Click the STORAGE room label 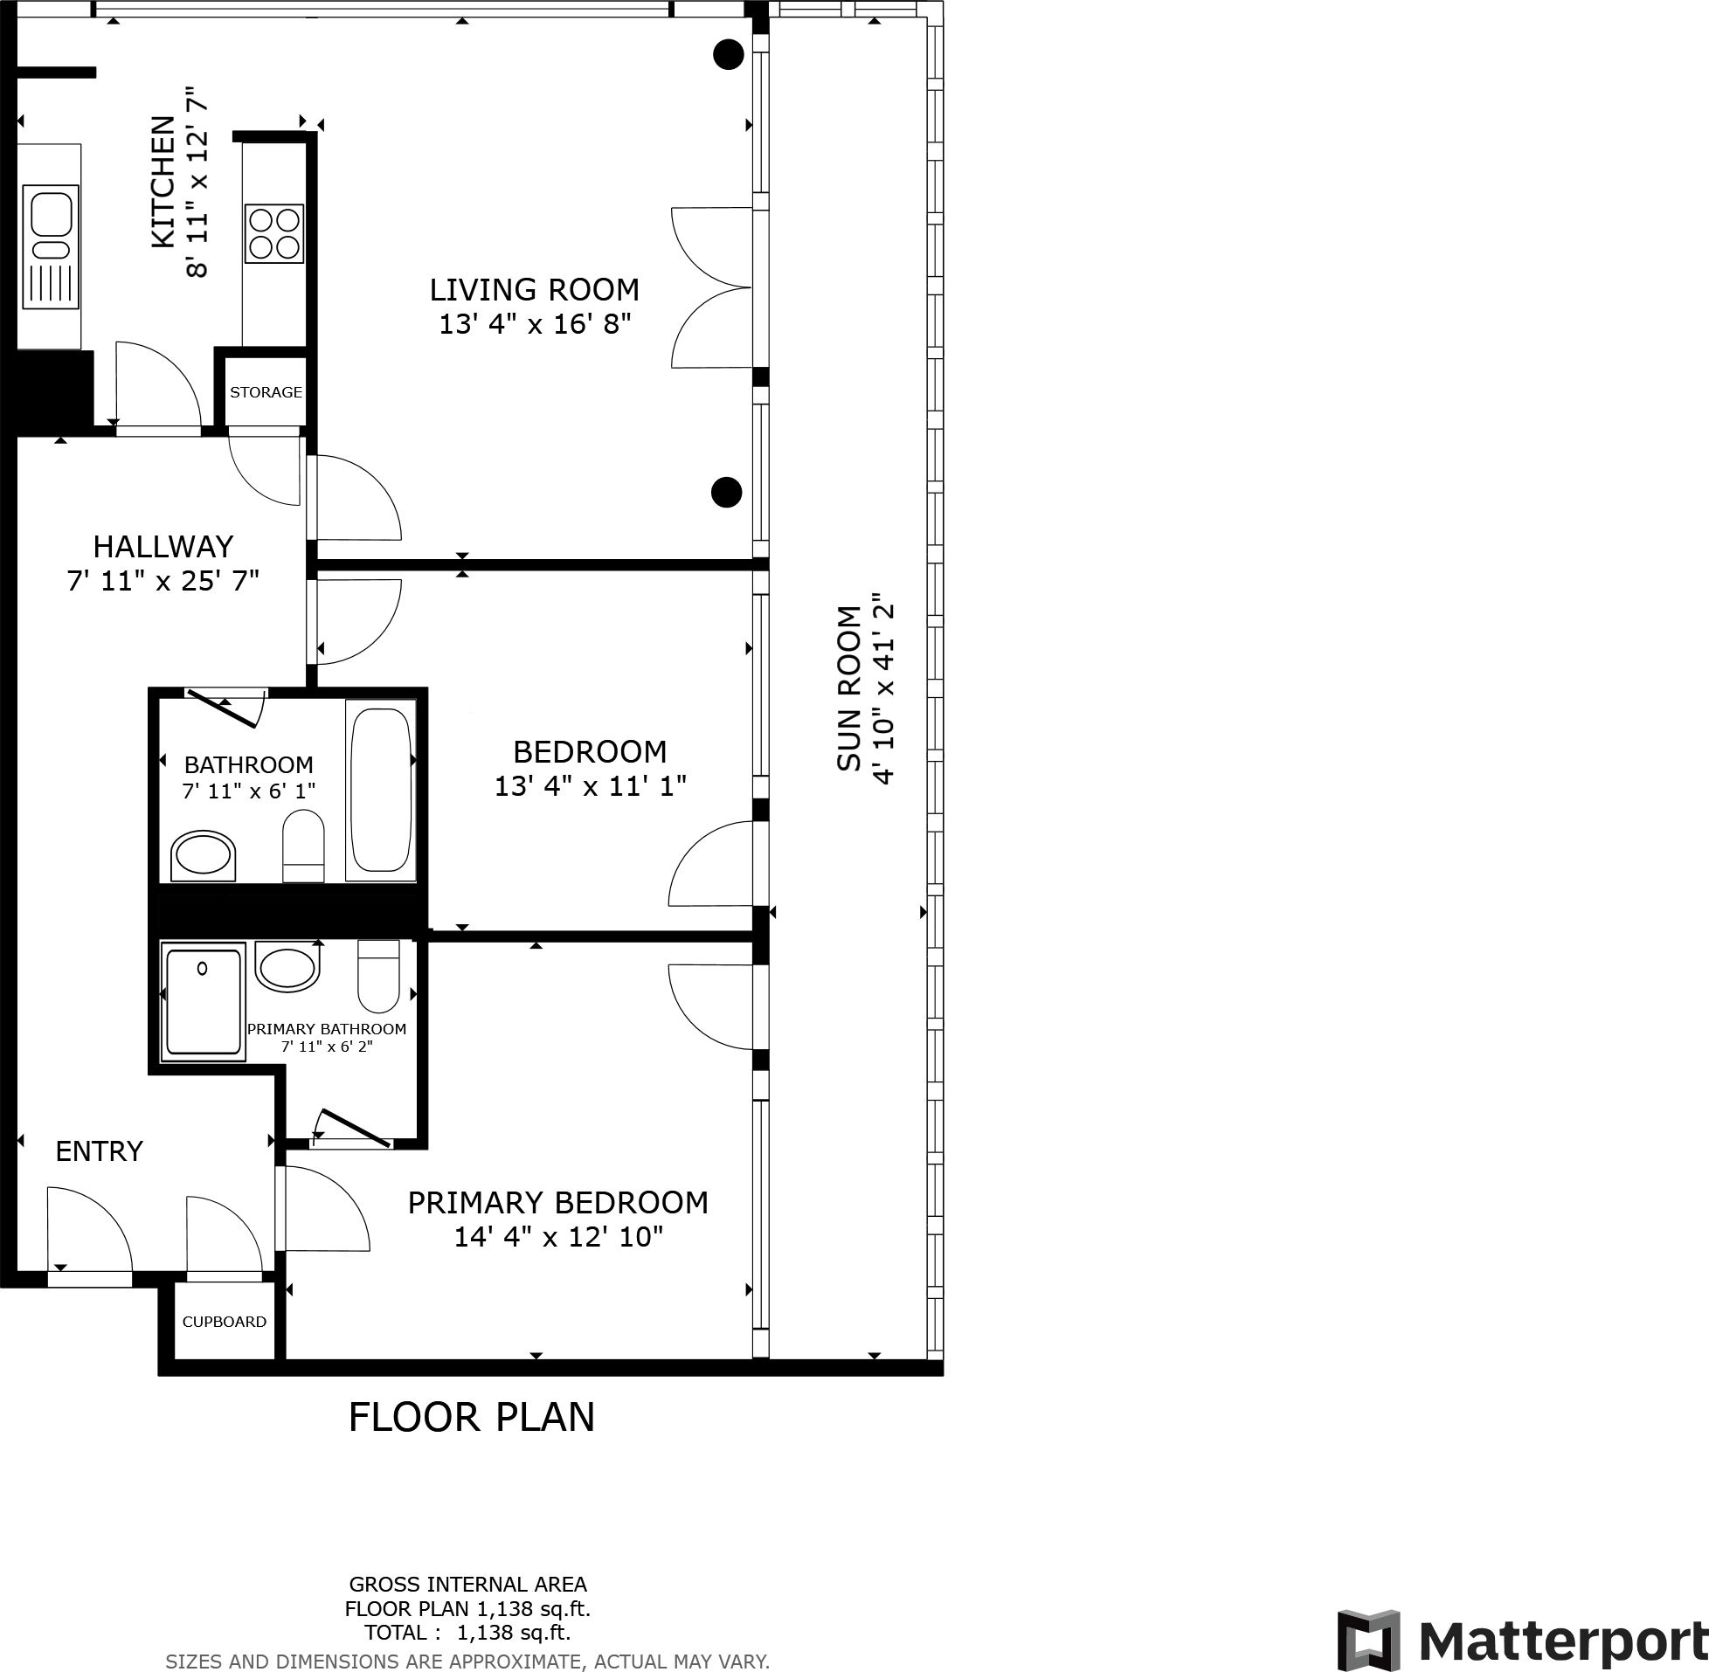point(266,392)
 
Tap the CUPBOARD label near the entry point(224,1322)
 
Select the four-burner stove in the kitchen point(274,233)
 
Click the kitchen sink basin point(52,215)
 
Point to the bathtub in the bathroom point(380,790)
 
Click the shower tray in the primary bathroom point(203,1001)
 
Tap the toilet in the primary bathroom point(378,977)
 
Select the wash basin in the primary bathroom point(287,970)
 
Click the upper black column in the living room point(728,54)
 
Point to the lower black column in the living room point(726,493)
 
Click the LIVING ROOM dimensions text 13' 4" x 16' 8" point(535,324)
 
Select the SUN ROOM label point(849,688)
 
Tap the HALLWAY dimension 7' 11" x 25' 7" point(163,581)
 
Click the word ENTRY point(100,1151)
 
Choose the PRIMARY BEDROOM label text point(557,1202)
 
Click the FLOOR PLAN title point(472,1417)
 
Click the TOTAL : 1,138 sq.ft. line point(467,1633)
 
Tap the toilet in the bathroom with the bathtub point(304,845)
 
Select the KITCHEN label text point(163,182)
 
